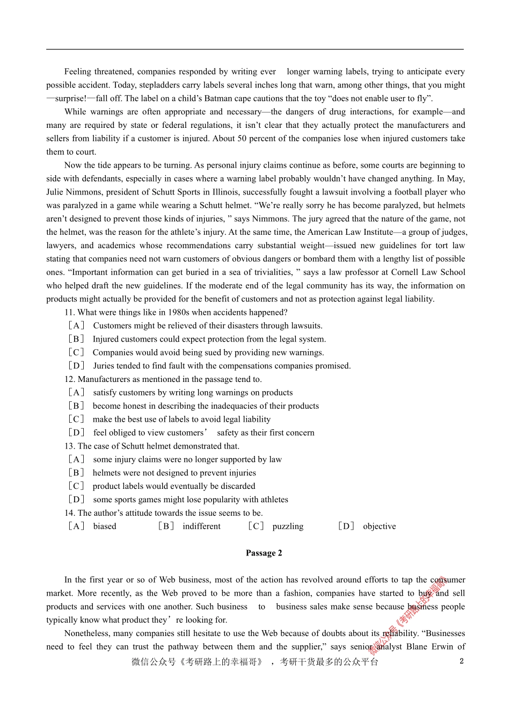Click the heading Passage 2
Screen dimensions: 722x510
pos(264,553)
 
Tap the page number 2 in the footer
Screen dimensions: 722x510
pos(461,661)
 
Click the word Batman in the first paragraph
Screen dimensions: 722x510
pos(218,98)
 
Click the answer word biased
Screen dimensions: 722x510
pos(105,526)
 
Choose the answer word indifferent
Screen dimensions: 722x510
pos(201,526)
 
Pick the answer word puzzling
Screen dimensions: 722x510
pos(288,526)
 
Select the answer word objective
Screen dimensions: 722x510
pos(379,526)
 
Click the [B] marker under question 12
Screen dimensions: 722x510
pos(76,406)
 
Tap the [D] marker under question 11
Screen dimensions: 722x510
pos(76,366)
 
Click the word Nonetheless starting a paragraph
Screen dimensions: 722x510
pos(88,633)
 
